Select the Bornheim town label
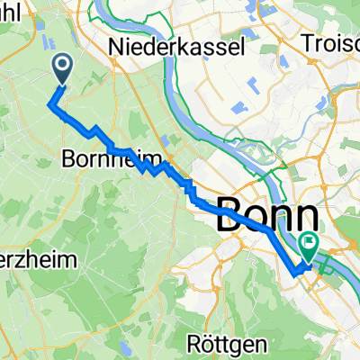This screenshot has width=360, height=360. [104, 163]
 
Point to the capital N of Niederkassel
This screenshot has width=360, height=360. [114, 45]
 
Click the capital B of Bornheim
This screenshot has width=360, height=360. [69, 163]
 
